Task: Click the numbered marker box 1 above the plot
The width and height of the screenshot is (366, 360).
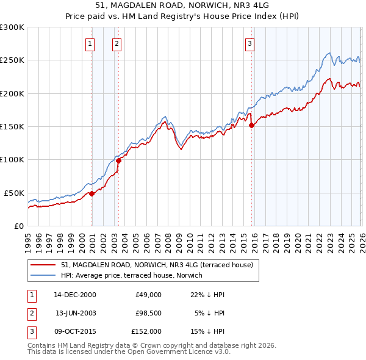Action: [90, 43]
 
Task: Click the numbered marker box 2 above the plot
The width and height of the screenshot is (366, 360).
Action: [116, 43]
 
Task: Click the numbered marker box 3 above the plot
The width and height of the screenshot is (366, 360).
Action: [249, 43]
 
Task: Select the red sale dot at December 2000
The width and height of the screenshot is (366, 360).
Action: [91, 193]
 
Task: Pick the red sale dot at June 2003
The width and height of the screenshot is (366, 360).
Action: [118, 160]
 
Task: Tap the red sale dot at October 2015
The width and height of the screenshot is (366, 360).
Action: [252, 126]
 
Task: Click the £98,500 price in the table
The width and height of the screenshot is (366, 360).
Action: [148, 313]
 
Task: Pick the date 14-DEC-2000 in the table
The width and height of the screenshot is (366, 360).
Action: [75, 295]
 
